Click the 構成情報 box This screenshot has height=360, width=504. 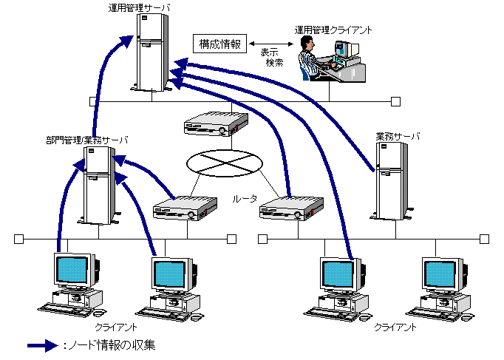point(219,44)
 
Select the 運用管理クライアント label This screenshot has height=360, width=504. point(333,30)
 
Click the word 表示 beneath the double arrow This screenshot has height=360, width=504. point(270,53)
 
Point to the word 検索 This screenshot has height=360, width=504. point(275,64)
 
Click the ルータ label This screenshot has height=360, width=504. point(245,199)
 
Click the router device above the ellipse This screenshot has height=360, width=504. point(214,124)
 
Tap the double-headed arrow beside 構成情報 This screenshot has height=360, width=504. point(270,43)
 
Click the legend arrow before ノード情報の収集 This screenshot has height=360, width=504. point(42,345)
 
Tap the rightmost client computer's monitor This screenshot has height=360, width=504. point(445,275)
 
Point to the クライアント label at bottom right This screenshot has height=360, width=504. point(395,326)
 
